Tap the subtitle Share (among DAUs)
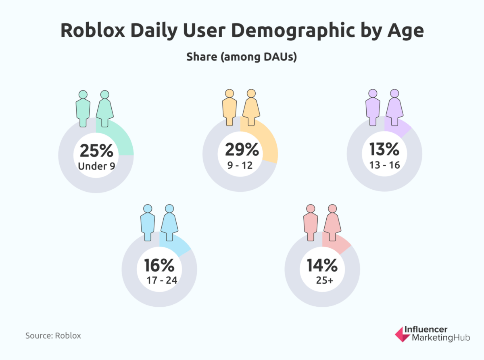click(x=242, y=57)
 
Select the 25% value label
click(x=96, y=151)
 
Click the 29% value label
click(x=240, y=150)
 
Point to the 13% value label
click(x=384, y=150)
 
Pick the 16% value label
click(x=159, y=266)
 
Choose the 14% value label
click(x=322, y=266)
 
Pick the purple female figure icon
click(x=394, y=108)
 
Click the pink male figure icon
click(x=311, y=224)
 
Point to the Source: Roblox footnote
click(x=53, y=335)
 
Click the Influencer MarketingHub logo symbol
click(x=403, y=335)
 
